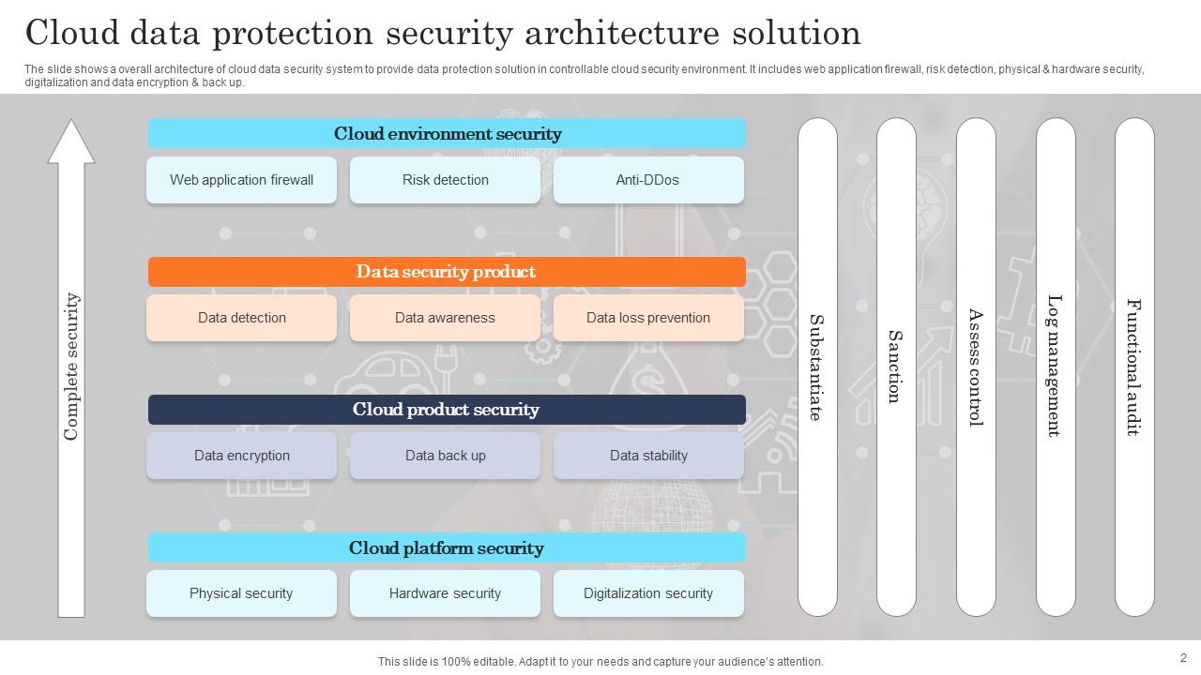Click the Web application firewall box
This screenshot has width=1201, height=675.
241,180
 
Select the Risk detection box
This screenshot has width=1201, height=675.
445,180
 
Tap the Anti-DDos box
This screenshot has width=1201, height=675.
647,180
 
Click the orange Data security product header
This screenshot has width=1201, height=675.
447,272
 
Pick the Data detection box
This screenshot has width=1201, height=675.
241,318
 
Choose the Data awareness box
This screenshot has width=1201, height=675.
445,318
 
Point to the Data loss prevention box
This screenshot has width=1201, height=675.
647,318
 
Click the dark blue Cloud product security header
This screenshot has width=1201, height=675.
447,410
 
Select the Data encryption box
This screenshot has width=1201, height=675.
241,456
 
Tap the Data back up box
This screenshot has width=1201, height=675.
445,456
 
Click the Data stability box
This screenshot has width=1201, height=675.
647,456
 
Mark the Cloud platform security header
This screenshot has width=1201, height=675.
447,547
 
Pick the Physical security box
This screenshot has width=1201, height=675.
241,593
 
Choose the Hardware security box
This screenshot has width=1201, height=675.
445,593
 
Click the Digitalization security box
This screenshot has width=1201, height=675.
647,593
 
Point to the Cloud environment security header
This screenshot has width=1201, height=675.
447,133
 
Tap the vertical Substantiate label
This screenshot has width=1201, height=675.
816,367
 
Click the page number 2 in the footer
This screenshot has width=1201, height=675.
1183,658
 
